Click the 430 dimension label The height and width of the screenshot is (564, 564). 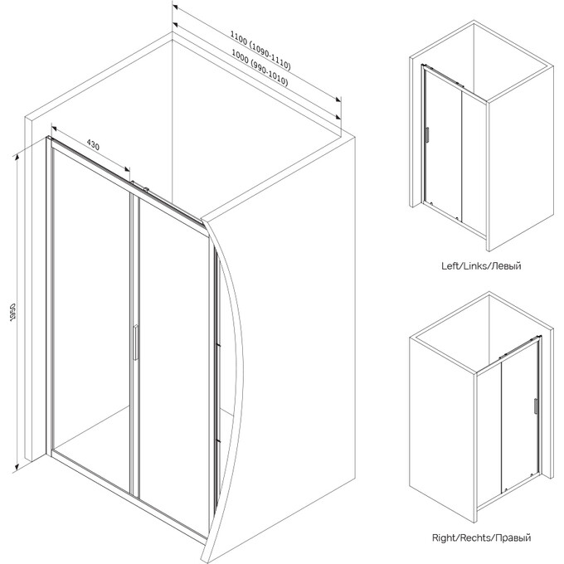click(x=93, y=145)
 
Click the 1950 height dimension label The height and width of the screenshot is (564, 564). click(x=13, y=312)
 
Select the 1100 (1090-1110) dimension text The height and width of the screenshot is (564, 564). click(x=260, y=51)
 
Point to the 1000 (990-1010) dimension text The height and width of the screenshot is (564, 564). click(x=260, y=68)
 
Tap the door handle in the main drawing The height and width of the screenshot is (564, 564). click(x=135, y=342)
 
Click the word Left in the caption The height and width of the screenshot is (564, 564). click(x=450, y=266)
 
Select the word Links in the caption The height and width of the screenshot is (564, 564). click(x=472, y=266)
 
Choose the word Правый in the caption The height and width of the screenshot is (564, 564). click(x=513, y=538)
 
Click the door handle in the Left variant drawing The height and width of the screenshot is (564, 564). click(x=427, y=135)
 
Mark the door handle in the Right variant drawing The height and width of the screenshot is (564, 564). click(x=536, y=407)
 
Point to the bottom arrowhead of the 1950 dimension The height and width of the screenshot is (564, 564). click(x=17, y=467)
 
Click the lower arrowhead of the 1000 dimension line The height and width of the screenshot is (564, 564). click(x=338, y=117)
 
